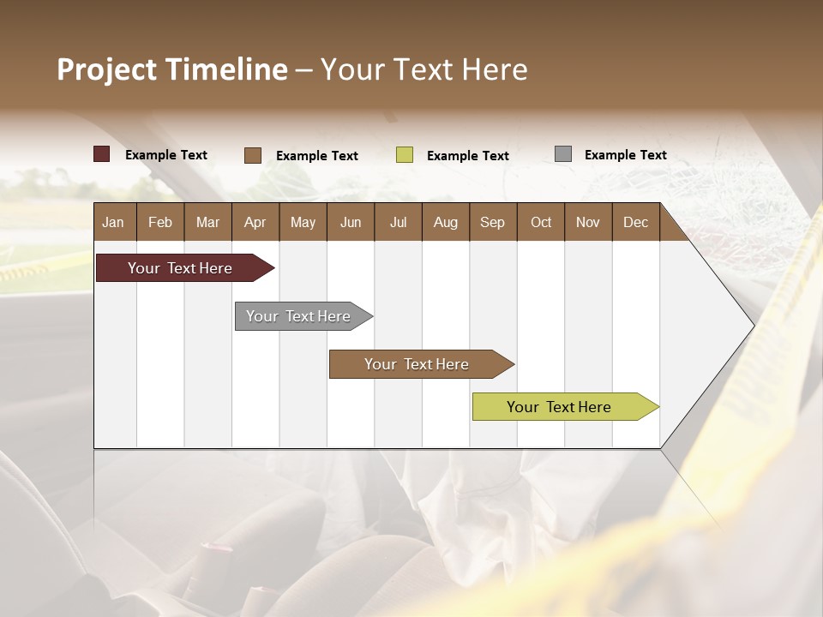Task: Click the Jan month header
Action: [113, 222]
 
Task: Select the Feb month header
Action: [160, 222]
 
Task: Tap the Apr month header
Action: [255, 222]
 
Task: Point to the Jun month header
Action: [351, 222]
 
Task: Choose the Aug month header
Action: [445, 222]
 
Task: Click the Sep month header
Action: [492, 222]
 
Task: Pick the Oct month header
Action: [541, 222]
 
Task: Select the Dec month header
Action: [635, 222]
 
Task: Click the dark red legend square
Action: [102, 154]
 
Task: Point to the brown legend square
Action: [253, 155]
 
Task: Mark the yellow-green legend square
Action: [405, 155]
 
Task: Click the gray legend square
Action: [563, 154]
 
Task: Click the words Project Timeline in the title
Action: [171, 69]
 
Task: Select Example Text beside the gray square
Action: [625, 154]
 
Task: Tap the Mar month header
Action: [207, 222]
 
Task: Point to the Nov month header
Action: [587, 222]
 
